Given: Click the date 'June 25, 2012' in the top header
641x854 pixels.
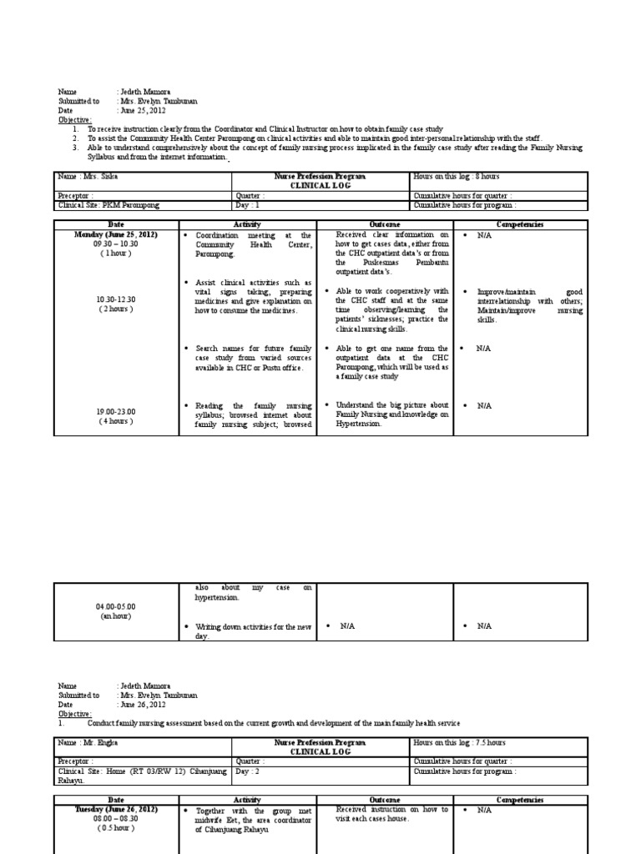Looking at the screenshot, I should pos(144,111).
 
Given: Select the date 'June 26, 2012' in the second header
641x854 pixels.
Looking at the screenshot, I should pos(144,704).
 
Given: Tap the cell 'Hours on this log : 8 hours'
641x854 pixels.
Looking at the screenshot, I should pos(455,177).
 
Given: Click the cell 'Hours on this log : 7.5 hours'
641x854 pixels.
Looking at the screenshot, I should pos(458,742).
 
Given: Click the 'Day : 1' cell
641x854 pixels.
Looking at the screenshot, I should pos(249,205).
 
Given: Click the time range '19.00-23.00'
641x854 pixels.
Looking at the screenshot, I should pos(116,411).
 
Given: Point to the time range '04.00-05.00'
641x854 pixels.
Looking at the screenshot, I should pos(116,606).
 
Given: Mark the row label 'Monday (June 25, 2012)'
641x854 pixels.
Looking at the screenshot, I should pos(116,235).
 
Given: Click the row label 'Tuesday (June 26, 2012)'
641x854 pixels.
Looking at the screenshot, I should pos(116,809).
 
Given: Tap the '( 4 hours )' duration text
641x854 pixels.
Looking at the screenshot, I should pos(116,421).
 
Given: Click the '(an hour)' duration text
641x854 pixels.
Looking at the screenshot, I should pos(116,616).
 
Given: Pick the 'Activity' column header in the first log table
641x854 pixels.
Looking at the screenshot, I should pos(246,225).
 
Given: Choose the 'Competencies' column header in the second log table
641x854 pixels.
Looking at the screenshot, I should pos(520,799).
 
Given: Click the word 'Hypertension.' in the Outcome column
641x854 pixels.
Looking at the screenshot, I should pos(359,424).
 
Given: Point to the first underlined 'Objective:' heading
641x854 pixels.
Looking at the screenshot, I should pos(74,120).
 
